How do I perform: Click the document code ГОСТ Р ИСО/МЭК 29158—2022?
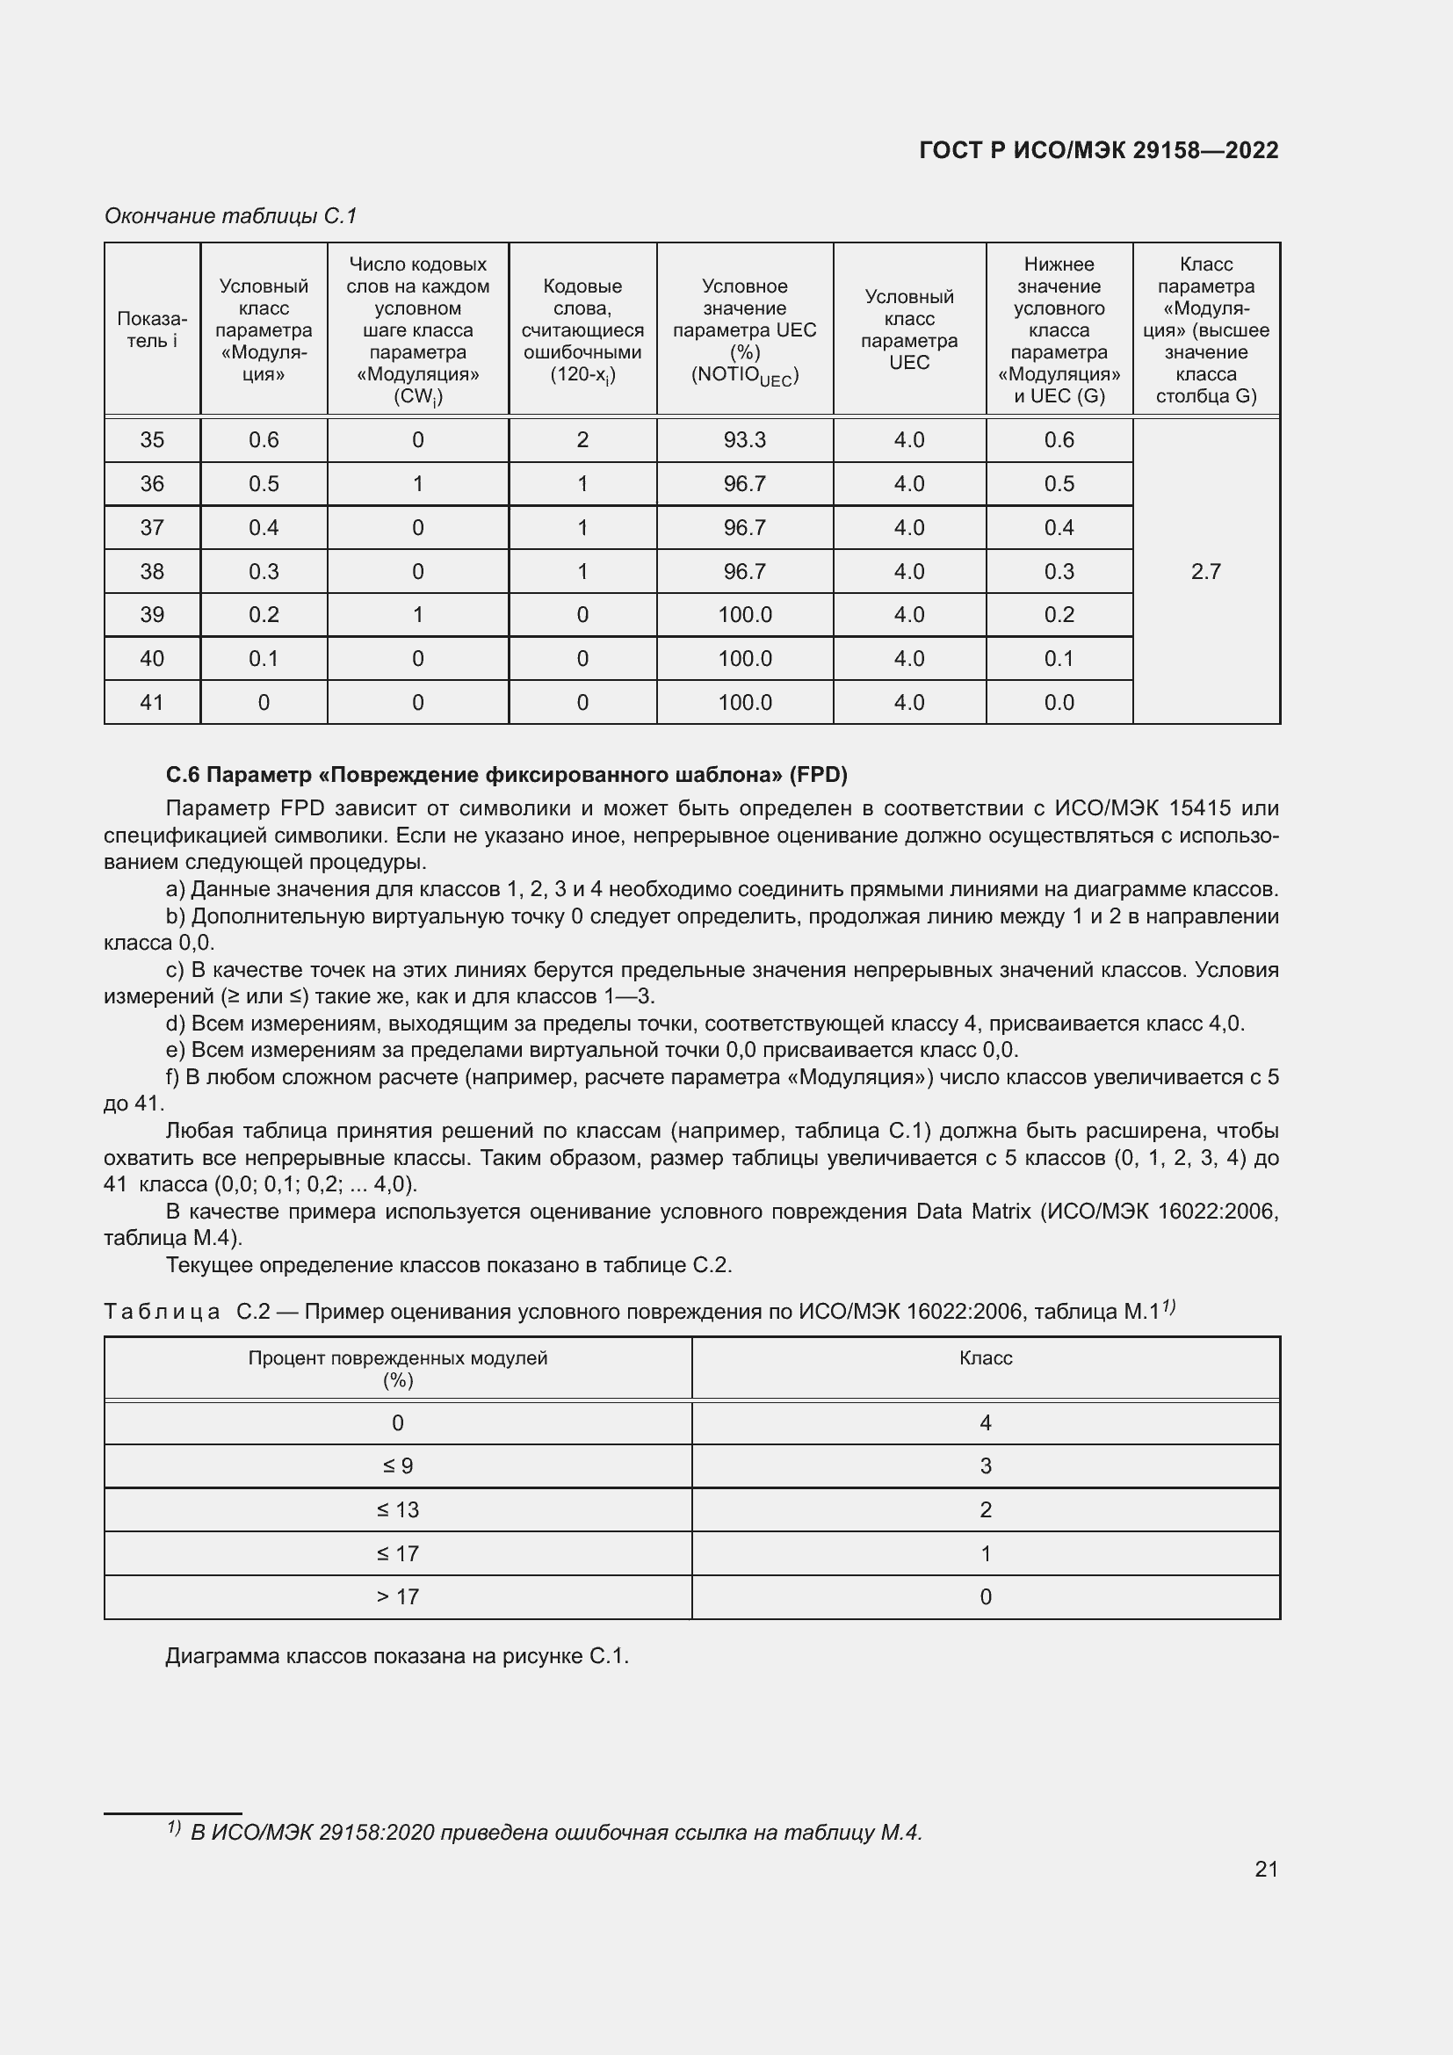(1098, 150)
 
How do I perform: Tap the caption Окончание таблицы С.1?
(231, 216)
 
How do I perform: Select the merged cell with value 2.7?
(1205, 571)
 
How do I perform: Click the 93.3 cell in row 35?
(744, 439)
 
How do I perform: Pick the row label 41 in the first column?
(152, 703)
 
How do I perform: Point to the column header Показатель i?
(152, 329)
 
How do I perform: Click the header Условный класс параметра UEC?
(909, 329)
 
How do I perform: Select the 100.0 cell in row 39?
(744, 615)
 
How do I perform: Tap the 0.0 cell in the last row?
(1059, 703)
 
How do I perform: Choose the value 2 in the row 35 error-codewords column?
(582, 439)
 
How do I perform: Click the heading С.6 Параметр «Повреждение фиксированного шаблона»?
(506, 774)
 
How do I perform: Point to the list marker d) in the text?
(175, 1023)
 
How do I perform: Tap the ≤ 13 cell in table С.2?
(397, 1510)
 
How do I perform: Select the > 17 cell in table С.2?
(397, 1596)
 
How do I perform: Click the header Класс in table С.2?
(985, 1357)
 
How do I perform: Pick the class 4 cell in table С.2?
(985, 1423)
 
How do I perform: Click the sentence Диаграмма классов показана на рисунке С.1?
(397, 1656)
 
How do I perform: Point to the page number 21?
(1266, 1869)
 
